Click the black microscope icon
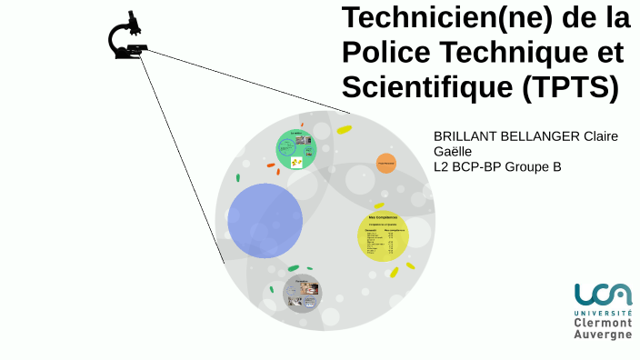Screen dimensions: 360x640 pos(127,37)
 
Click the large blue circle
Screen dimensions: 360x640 pos(265,220)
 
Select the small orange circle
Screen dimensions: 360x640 pos(386,164)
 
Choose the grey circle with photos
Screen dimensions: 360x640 pos(302,293)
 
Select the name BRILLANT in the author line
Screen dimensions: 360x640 pos(467,136)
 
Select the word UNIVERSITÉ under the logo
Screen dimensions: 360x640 pos(604,312)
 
